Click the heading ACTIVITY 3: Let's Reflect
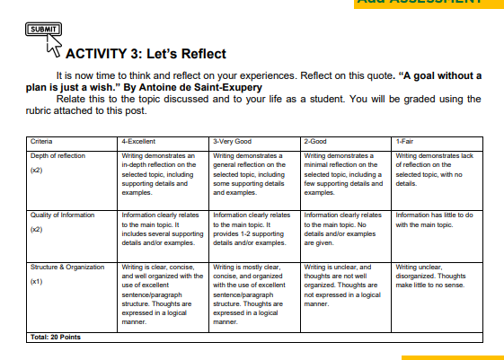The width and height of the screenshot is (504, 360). (x=146, y=54)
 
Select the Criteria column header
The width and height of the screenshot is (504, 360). (x=41, y=142)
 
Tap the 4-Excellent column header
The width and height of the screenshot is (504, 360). (x=140, y=142)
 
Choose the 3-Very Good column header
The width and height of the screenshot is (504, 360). (x=232, y=142)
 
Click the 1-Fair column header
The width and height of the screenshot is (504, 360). (x=405, y=142)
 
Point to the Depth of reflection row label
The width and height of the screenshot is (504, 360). (x=58, y=155)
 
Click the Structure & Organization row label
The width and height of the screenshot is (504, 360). (x=67, y=268)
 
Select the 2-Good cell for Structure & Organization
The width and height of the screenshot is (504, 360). (x=345, y=285)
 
